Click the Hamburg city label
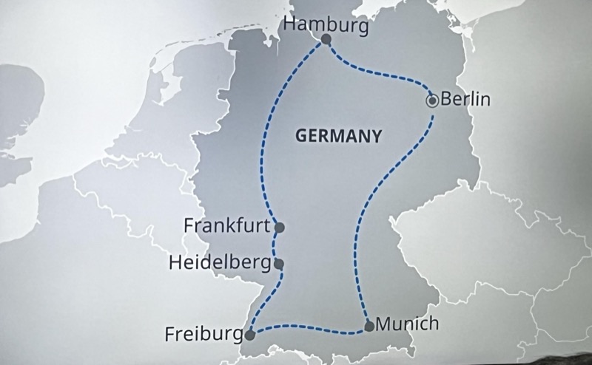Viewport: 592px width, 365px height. pyautogui.click(x=326, y=24)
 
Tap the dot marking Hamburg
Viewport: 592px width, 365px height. pyautogui.click(x=326, y=41)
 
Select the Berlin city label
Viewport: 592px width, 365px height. pyautogui.click(x=465, y=99)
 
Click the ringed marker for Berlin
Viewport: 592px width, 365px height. pyautogui.click(x=433, y=100)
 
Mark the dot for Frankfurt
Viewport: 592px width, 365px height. pyautogui.click(x=278, y=227)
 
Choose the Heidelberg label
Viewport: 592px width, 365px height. pyautogui.click(x=220, y=262)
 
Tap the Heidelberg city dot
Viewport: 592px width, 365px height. pyautogui.click(x=278, y=263)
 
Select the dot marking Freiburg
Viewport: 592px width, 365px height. pyautogui.click(x=250, y=335)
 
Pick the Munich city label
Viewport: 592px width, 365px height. pyautogui.click(x=407, y=324)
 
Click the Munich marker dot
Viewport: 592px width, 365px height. pyautogui.click(x=369, y=326)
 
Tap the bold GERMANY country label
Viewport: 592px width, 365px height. pyautogui.click(x=338, y=136)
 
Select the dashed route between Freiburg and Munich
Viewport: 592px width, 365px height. pyautogui.click(x=311, y=326)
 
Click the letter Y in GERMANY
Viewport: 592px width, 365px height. pyautogui.click(x=376, y=136)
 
